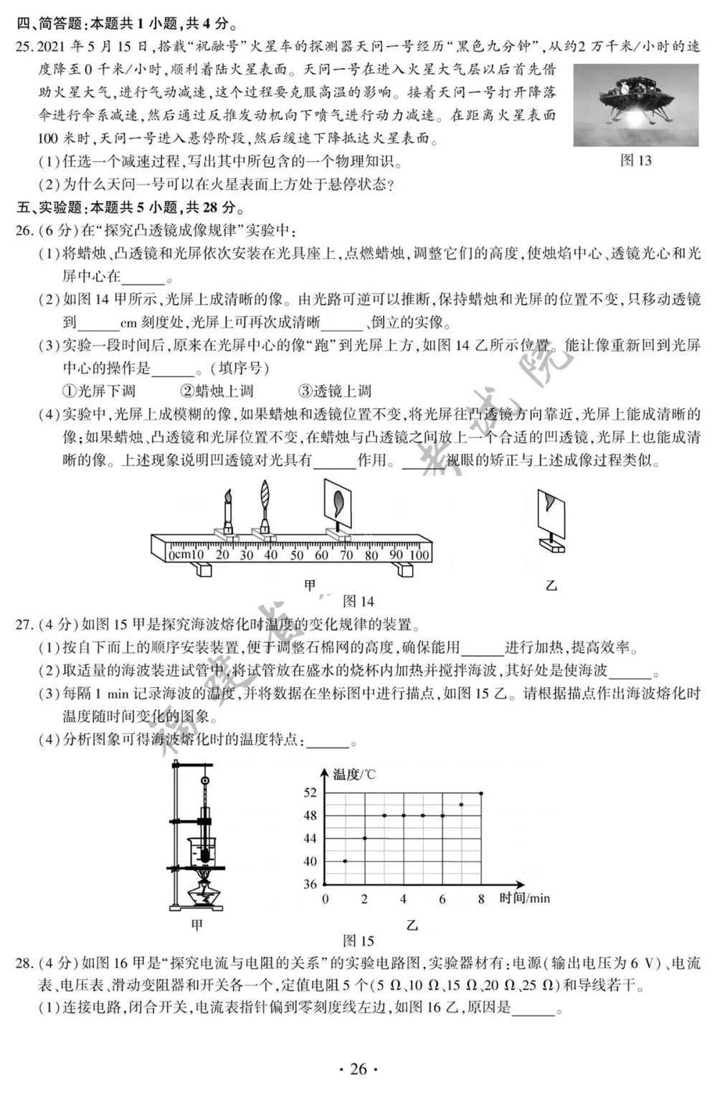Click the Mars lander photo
click(x=636, y=105)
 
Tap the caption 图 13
click(x=635, y=161)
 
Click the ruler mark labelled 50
click(x=297, y=554)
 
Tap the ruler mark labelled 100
click(x=419, y=554)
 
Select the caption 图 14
click(x=358, y=601)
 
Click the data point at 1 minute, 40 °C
click(x=346, y=861)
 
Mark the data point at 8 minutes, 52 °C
click(x=480, y=792)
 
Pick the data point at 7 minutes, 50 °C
click(x=461, y=804)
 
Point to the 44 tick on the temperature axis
click(x=310, y=838)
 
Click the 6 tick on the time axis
click(x=442, y=899)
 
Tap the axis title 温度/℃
click(x=354, y=774)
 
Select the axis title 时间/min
click(x=525, y=898)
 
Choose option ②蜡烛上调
click(x=216, y=391)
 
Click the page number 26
click(x=358, y=1069)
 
